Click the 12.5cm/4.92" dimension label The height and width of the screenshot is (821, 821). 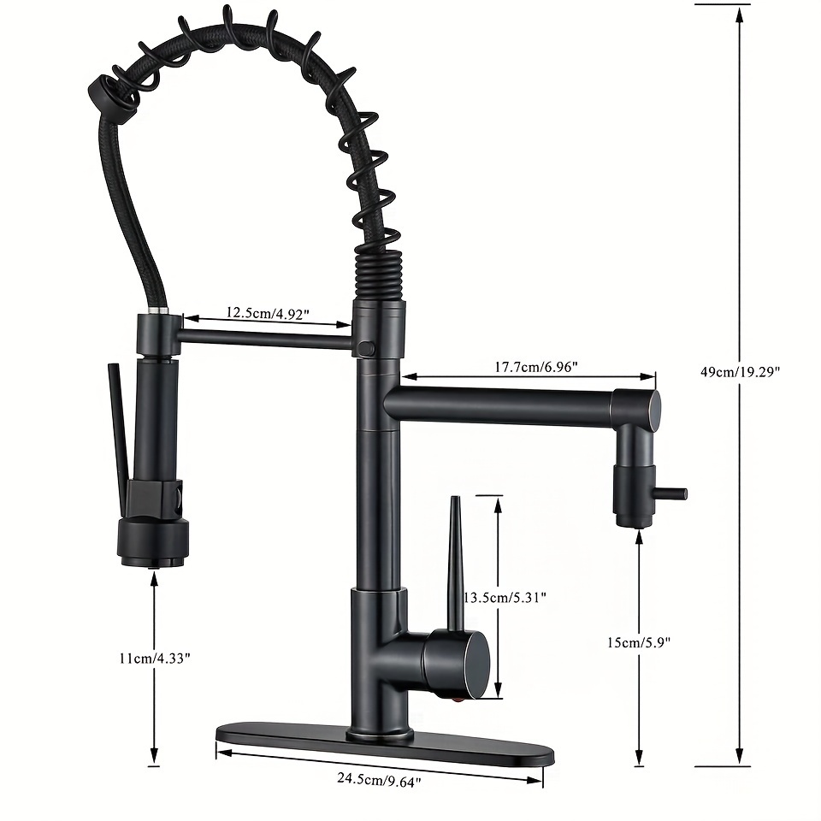[x=268, y=313]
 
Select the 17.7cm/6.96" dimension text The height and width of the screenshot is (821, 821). [x=536, y=367]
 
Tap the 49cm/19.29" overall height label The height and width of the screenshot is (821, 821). [x=741, y=372]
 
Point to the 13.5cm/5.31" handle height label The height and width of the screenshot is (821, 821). [x=505, y=597]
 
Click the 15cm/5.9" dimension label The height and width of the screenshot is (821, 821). [x=639, y=642]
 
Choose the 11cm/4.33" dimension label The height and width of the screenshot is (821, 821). [x=155, y=659]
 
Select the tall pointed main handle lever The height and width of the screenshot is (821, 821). [x=457, y=564]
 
